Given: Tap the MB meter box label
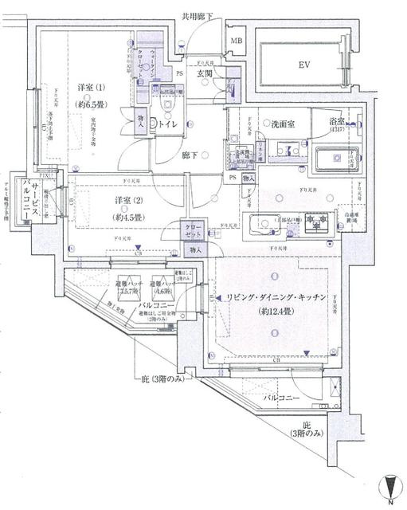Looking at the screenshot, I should pyautogui.click(x=237, y=41).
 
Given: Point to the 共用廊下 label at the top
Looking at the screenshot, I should pyautogui.click(x=198, y=15).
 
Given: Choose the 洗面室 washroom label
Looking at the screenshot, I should pyautogui.click(x=284, y=124).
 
